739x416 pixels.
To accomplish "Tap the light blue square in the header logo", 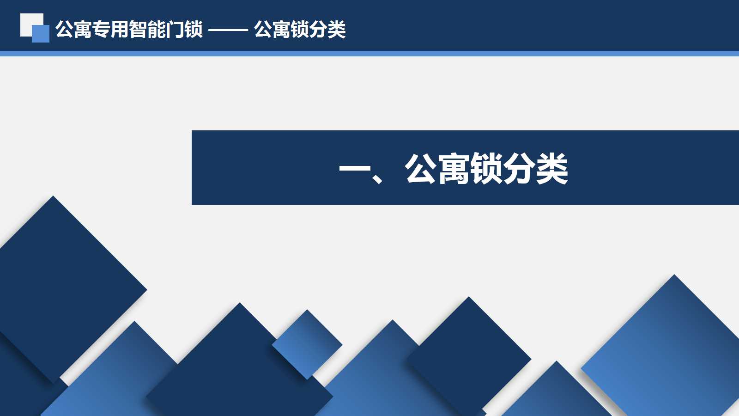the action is coord(41,34).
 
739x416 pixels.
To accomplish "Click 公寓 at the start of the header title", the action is coord(73,30).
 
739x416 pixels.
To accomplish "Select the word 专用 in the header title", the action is coord(110,30).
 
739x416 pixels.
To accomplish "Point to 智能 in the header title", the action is coord(147,30).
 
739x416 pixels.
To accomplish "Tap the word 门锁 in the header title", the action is coord(184,30).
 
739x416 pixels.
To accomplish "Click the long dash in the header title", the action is coord(228,30).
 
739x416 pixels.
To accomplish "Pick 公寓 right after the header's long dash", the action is coord(272,30).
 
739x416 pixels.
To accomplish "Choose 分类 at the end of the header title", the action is coord(327,30).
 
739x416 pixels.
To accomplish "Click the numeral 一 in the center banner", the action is coord(355,168).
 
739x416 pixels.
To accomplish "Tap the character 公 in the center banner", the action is coord(420,168).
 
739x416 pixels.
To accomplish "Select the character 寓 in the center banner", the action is coord(453,168).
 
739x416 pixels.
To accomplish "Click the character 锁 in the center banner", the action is coord(486,168).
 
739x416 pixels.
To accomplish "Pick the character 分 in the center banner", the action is coord(519,168).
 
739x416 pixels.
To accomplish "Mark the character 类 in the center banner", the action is coord(552,168).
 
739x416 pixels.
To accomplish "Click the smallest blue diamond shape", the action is coord(307,344).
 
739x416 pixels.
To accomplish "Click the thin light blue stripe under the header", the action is coord(369,54).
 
